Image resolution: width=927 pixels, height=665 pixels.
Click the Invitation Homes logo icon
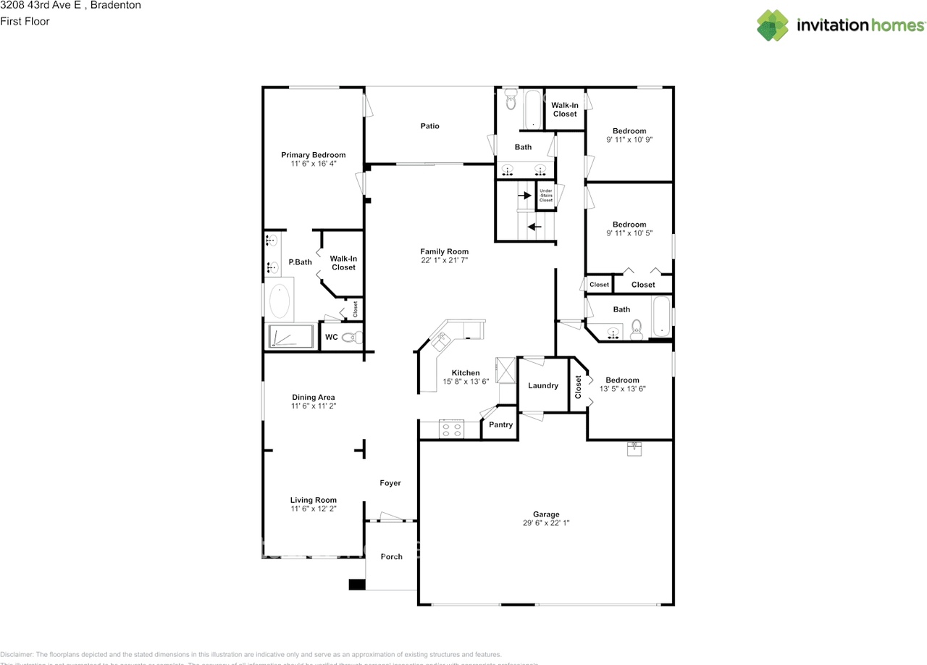pyautogui.click(x=773, y=25)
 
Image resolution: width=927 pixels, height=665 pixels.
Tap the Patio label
pyautogui.click(x=430, y=126)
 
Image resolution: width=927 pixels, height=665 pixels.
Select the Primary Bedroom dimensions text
pyautogui.click(x=313, y=164)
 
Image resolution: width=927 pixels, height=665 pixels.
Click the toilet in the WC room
pyautogui.click(x=352, y=337)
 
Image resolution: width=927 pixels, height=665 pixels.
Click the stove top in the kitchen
pyautogui.click(x=452, y=429)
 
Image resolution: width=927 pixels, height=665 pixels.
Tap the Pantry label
pyautogui.click(x=500, y=424)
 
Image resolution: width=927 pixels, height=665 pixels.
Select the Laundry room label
pyautogui.click(x=543, y=385)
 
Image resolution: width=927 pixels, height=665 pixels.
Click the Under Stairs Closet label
pyautogui.click(x=546, y=196)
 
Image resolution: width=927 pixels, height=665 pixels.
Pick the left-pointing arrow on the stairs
pyautogui.click(x=534, y=227)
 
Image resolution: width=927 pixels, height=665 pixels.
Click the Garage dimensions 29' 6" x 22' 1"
pyautogui.click(x=546, y=523)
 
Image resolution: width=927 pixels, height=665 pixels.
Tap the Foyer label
pyautogui.click(x=390, y=483)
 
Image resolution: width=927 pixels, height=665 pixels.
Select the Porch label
pyautogui.click(x=392, y=556)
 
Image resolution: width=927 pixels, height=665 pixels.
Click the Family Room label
pyautogui.click(x=445, y=251)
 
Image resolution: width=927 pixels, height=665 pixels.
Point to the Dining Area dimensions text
pyautogui.click(x=314, y=406)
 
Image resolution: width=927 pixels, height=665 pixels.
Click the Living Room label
pyautogui.click(x=314, y=500)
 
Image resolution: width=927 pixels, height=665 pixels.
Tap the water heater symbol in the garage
pyautogui.click(x=634, y=448)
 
